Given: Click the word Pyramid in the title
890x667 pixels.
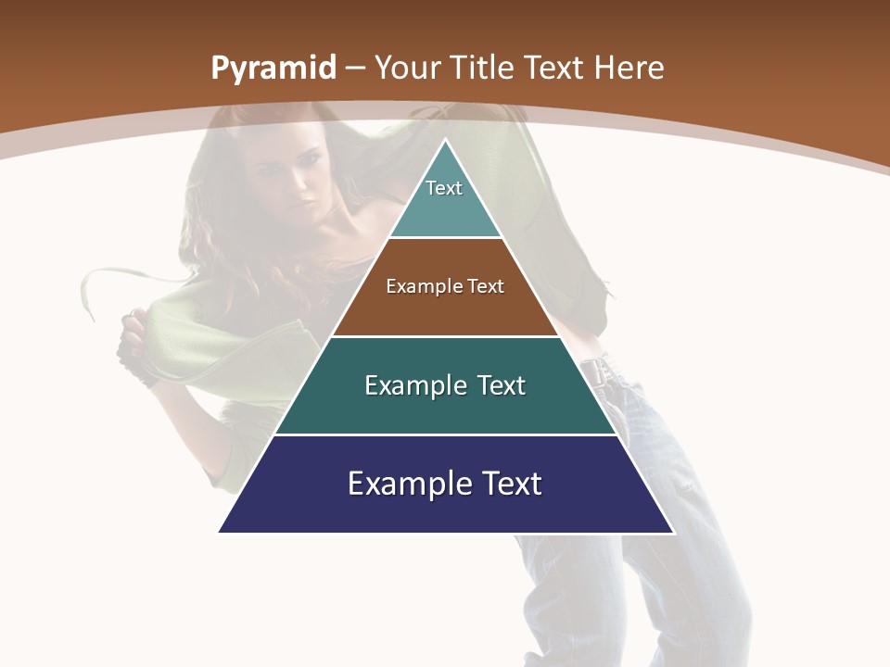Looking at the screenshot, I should click(x=273, y=69).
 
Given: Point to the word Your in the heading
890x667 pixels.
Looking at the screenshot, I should click(x=406, y=68).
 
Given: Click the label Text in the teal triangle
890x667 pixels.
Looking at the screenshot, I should click(x=444, y=188).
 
